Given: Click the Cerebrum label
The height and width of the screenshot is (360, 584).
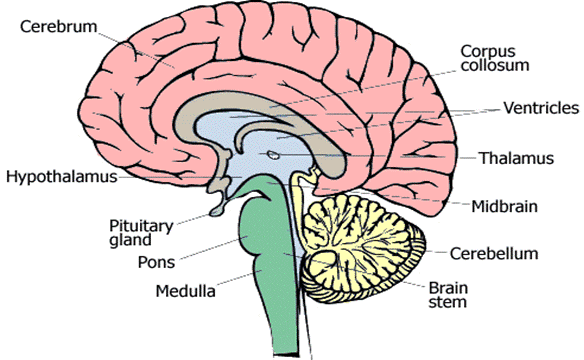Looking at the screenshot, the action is [x=58, y=26].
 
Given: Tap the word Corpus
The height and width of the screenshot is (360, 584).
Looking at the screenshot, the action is [x=488, y=52].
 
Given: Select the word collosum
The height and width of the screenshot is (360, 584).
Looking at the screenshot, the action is [x=495, y=66].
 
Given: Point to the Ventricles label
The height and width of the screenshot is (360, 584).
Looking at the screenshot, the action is [x=541, y=108].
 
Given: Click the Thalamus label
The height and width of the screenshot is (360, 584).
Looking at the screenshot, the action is [x=516, y=158].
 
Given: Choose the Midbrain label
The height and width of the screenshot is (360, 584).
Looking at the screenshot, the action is [x=505, y=206].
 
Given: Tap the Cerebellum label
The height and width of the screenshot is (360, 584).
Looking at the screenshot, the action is [x=494, y=254].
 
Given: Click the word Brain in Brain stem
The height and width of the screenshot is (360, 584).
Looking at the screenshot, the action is [x=448, y=288].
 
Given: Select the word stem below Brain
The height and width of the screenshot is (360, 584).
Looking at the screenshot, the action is [x=447, y=302].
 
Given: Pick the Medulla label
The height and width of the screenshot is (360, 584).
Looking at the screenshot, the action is [x=185, y=291].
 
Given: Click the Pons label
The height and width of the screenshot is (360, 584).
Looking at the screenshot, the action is [x=156, y=262].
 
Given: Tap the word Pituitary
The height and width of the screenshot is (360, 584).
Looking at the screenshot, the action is [x=141, y=226].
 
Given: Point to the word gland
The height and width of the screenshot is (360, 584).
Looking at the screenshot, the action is [x=130, y=240].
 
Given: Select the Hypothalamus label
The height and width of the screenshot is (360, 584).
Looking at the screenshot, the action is [x=62, y=177].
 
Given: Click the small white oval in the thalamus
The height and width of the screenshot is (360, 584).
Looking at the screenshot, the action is [x=274, y=154].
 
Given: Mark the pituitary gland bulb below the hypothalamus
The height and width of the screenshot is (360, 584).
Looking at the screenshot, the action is [x=218, y=211].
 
